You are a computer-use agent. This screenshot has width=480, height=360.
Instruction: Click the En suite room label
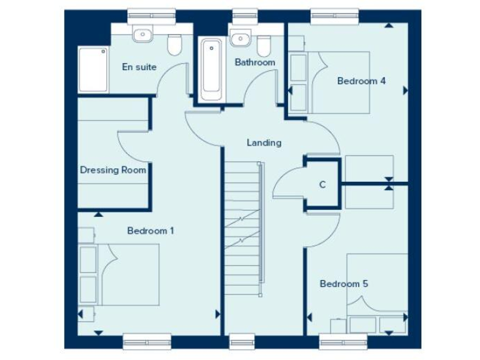(x=139, y=67)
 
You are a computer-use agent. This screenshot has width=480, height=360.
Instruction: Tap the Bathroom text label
(x=254, y=62)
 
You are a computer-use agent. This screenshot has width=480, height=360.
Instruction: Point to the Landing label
(x=264, y=142)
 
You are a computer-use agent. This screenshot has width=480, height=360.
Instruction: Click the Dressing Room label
(x=112, y=169)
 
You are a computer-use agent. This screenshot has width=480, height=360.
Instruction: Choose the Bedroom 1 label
(x=151, y=231)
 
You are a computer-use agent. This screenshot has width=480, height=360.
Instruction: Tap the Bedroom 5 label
(x=344, y=284)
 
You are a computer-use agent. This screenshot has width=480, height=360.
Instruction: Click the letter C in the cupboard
(x=322, y=184)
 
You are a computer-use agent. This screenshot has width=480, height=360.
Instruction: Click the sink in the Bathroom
(x=238, y=39)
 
